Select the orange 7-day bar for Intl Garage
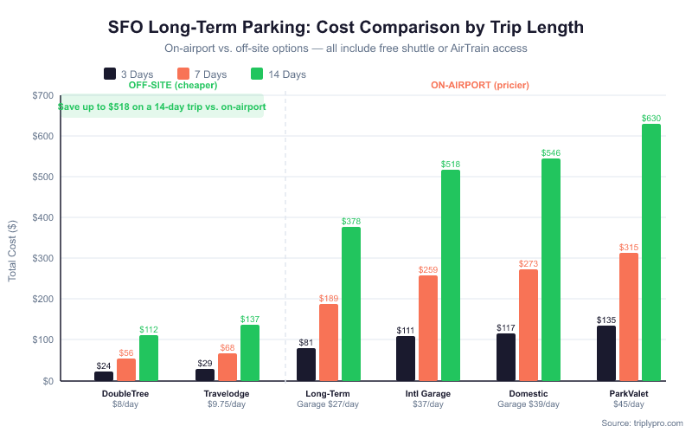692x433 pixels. click(428, 328)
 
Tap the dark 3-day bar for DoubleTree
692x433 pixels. click(104, 377)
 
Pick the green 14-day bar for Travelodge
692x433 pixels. click(250, 353)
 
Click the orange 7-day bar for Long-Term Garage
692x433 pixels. click(328, 343)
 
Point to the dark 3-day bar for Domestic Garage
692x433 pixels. click(506, 358)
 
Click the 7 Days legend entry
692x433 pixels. click(202, 74)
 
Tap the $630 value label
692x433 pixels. click(651, 118)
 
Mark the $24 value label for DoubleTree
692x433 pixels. click(104, 365)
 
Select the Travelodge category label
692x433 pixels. click(227, 394)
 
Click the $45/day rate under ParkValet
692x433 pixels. click(629, 404)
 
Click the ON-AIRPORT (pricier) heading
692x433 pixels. click(479, 86)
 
